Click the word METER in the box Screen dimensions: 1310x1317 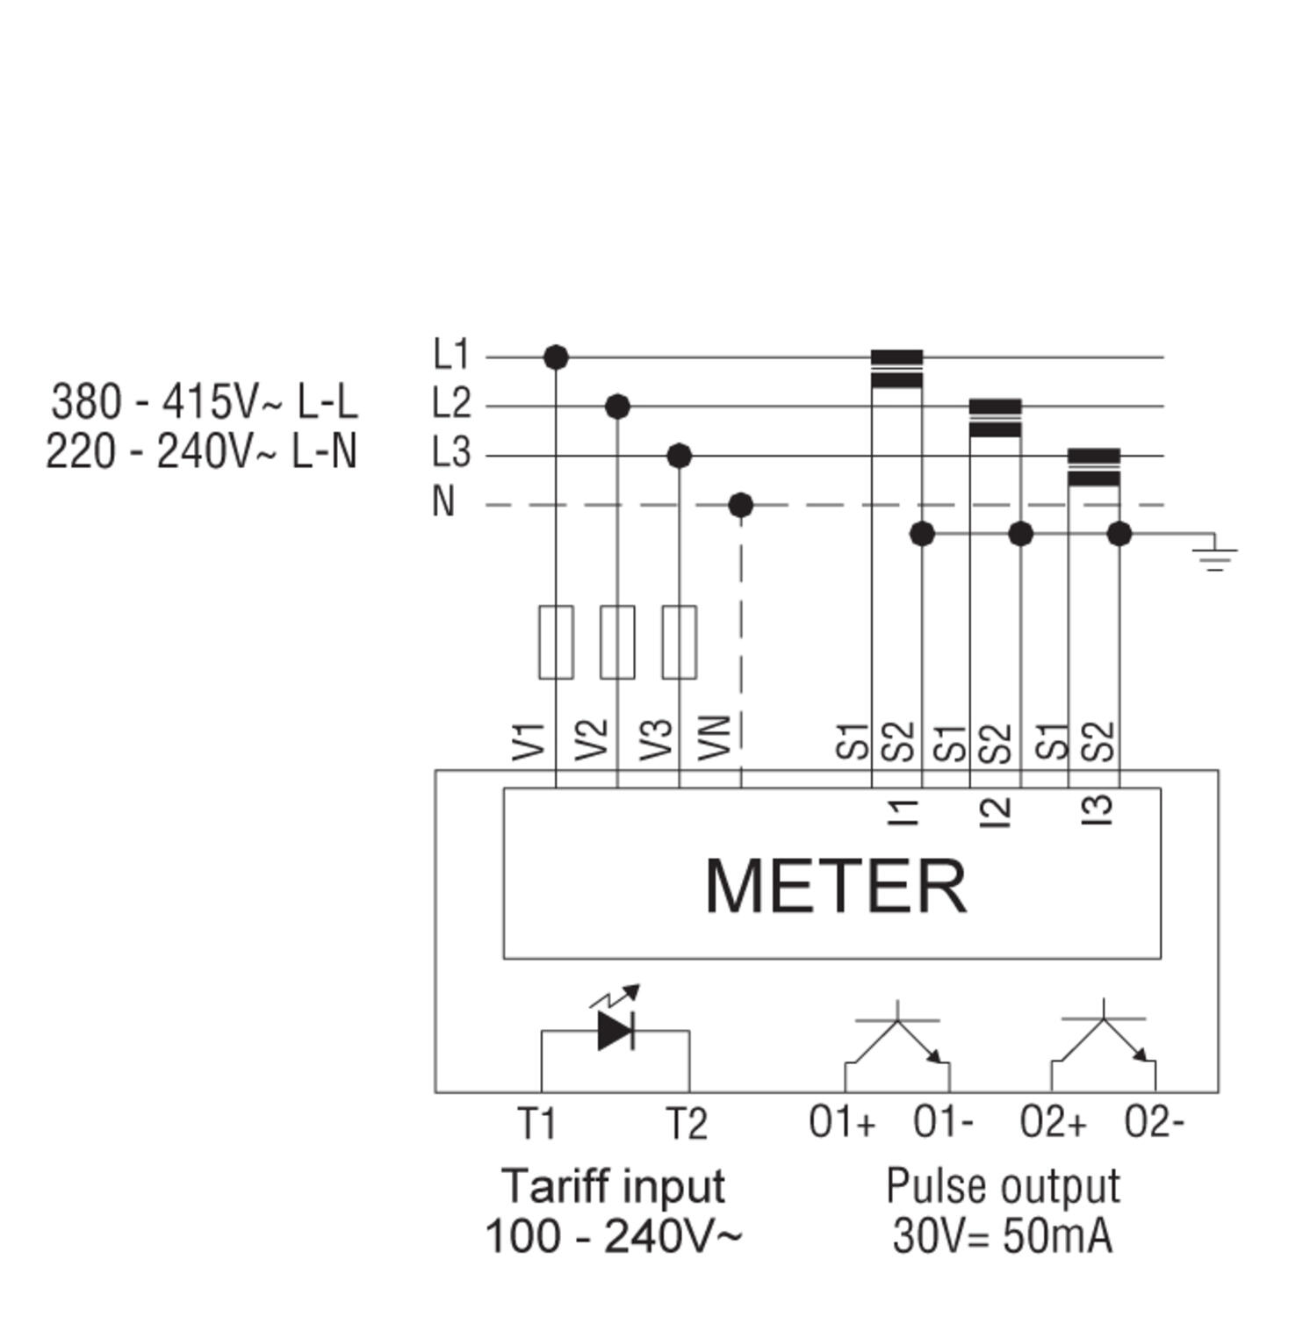click(836, 886)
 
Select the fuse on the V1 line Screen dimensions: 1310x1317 click(556, 642)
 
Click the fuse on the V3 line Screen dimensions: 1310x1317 click(680, 642)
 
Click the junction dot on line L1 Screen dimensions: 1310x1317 click(556, 357)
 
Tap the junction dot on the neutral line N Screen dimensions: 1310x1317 click(741, 505)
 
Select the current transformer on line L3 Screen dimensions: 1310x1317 click(1094, 467)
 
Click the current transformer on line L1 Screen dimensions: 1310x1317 click(896, 369)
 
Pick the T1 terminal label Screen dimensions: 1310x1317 click(536, 1123)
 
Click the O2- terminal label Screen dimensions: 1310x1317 click(1155, 1123)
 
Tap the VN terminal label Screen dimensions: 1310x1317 click(716, 738)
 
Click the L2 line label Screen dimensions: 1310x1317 click(452, 405)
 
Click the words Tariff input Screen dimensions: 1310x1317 click(614, 1186)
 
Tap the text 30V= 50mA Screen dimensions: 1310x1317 click(1003, 1237)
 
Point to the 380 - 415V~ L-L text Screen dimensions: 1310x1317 click(205, 402)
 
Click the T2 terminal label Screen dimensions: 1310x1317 click(687, 1123)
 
